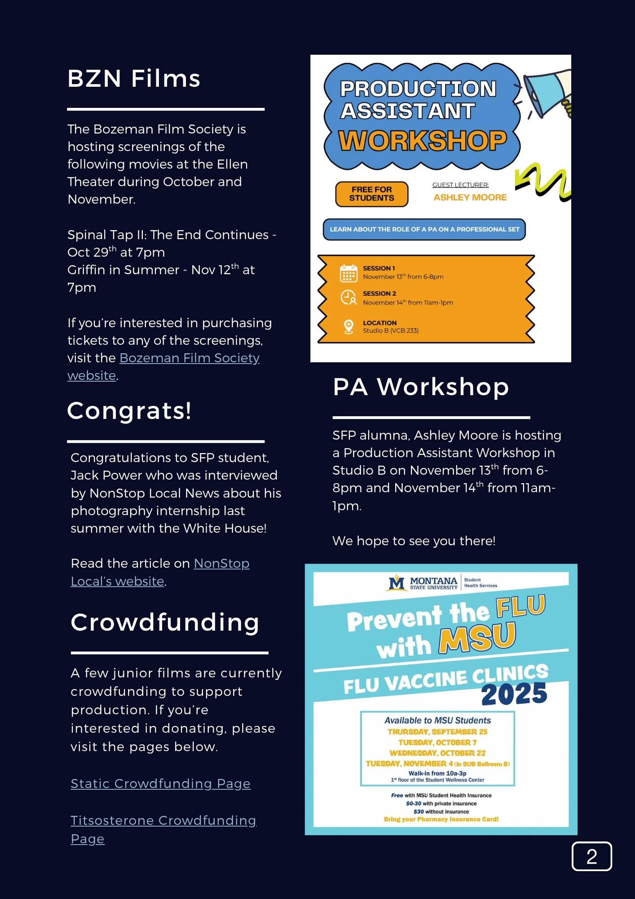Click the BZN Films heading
click(133, 79)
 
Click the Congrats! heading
click(129, 411)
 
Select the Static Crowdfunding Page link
click(160, 784)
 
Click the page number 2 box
click(591, 857)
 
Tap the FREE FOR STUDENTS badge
click(371, 194)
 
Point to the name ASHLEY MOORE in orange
click(470, 197)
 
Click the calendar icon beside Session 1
click(348, 273)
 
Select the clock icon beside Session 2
click(348, 298)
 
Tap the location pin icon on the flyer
click(348, 327)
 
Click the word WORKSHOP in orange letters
click(422, 141)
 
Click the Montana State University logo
click(423, 583)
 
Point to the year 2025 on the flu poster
click(514, 694)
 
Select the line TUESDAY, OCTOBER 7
click(437, 743)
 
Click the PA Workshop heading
click(421, 387)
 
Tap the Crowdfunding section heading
click(165, 623)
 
